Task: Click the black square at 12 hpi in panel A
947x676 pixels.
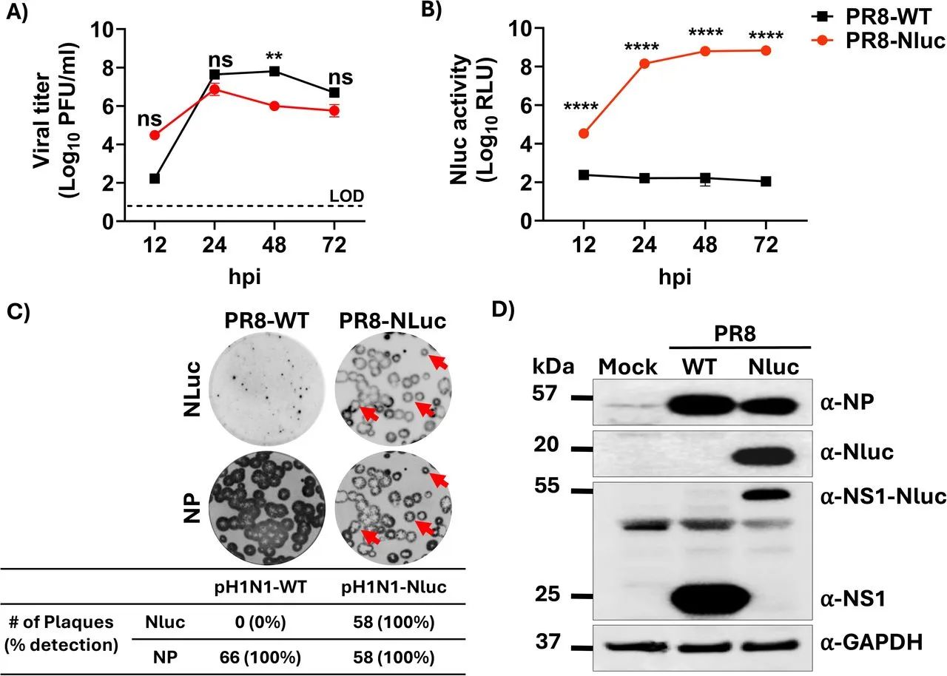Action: click(155, 178)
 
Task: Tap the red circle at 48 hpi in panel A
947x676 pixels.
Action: click(274, 106)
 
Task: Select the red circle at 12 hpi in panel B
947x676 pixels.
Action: click(584, 133)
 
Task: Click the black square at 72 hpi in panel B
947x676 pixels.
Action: click(765, 181)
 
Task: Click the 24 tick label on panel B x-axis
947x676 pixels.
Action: click(644, 245)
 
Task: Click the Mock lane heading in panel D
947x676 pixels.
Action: click(627, 368)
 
